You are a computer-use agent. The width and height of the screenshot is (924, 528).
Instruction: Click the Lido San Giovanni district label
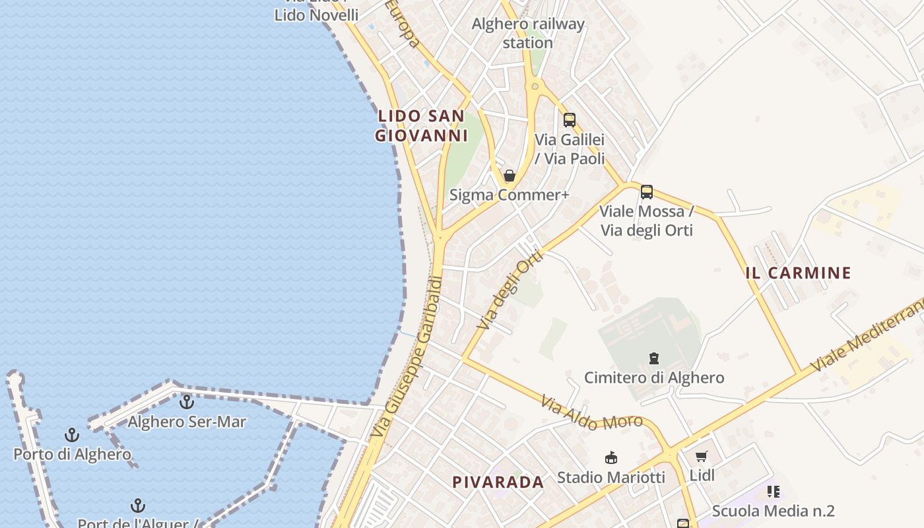point(421,126)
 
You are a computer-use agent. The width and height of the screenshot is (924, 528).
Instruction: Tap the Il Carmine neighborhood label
point(799,273)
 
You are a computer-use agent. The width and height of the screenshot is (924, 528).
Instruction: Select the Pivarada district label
point(498,482)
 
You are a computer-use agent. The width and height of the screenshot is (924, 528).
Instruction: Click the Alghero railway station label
point(528,33)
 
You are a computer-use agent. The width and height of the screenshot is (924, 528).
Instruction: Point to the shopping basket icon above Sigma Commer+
point(509,176)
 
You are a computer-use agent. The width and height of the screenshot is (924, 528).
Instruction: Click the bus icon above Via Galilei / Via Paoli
point(569,119)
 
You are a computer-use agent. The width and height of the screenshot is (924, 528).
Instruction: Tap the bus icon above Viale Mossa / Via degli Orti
point(647,192)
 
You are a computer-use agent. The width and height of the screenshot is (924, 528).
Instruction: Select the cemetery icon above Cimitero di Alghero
point(654,358)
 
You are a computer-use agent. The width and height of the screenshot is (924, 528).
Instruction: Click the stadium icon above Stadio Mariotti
point(611,457)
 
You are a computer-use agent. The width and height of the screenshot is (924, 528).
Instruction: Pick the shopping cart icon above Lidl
point(702,456)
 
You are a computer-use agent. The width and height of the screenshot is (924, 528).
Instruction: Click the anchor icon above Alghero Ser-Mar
point(187,401)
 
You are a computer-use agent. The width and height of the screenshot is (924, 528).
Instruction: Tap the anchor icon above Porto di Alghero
point(72,435)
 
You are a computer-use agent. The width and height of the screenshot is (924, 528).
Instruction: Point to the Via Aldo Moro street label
point(591,412)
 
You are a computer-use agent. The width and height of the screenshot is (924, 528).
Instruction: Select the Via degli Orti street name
point(509,290)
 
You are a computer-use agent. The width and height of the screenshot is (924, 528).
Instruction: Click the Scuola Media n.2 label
point(774,511)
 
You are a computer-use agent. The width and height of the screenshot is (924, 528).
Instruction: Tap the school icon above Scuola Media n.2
point(774,491)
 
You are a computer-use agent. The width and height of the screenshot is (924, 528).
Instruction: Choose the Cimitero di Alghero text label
point(654,378)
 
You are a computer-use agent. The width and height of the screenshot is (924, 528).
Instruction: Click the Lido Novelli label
point(316,15)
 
